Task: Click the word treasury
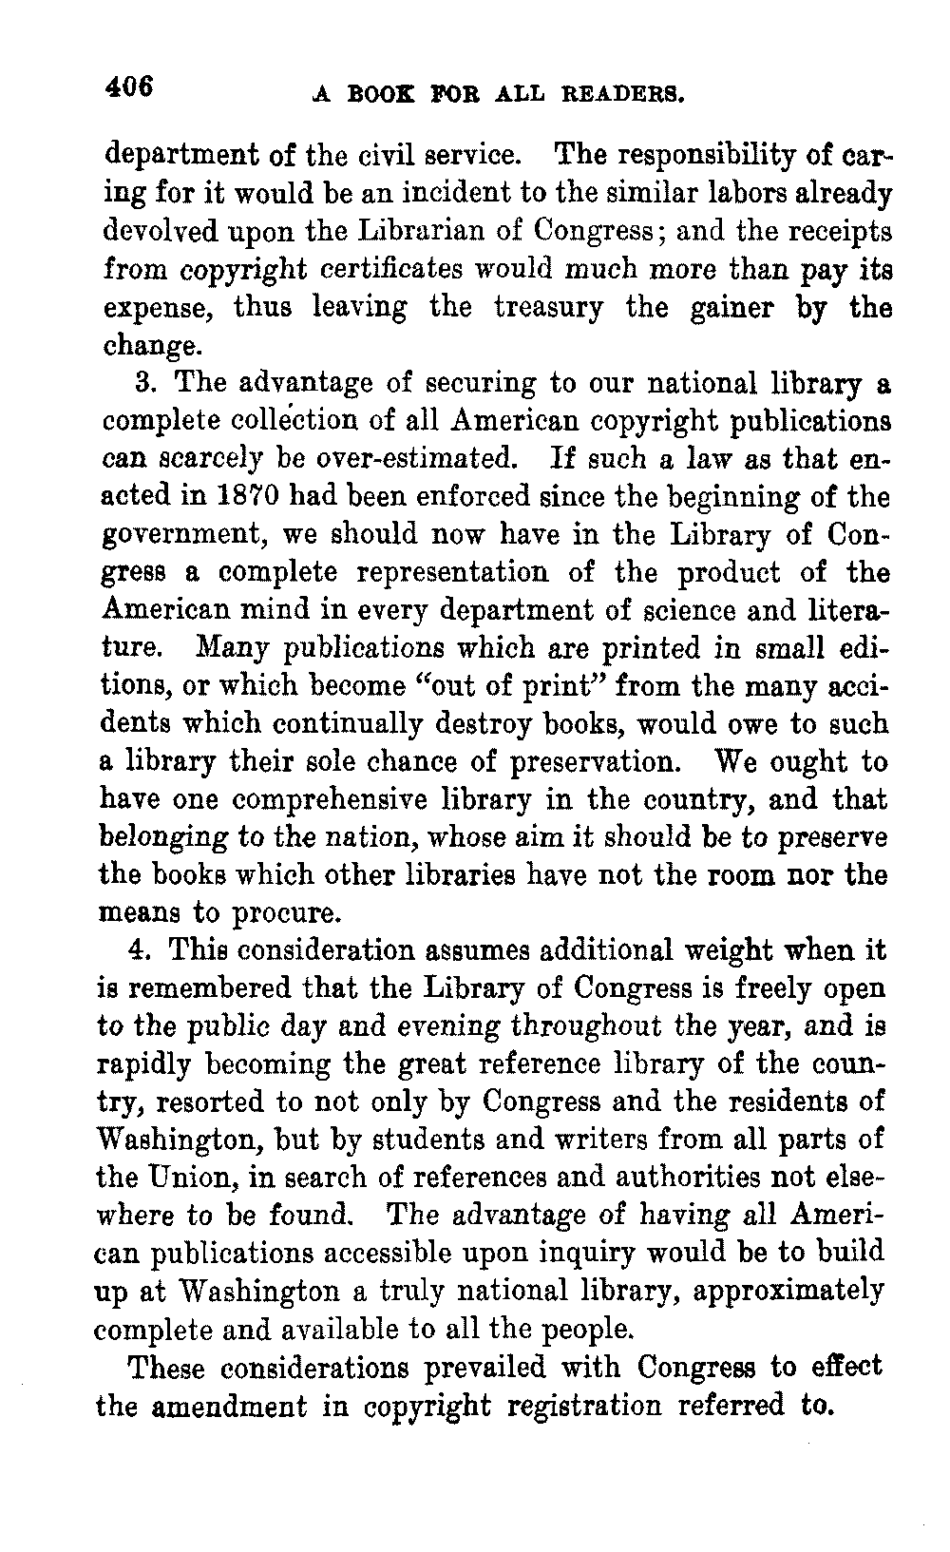(548, 308)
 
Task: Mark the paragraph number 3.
(144, 384)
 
